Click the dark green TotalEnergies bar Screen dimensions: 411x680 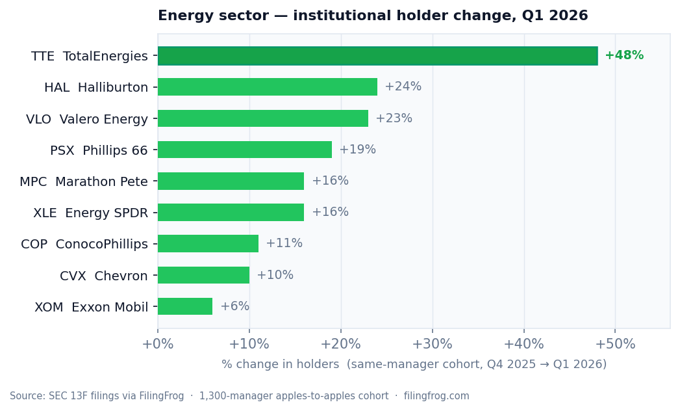click(x=377, y=56)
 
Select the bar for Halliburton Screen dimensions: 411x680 click(x=267, y=87)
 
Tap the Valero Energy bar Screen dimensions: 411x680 click(x=262, y=118)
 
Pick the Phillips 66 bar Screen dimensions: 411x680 click(x=244, y=150)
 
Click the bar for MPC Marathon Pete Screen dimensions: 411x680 click(x=231, y=181)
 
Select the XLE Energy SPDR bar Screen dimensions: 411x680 click(x=231, y=212)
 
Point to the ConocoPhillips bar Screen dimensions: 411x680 click(x=208, y=244)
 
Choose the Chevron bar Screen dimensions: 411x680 click(x=203, y=275)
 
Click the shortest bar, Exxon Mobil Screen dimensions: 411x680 click(x=185, y=306)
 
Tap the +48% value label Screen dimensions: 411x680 click(x=623, y=56)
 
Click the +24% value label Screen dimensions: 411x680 click(x=403, y=87)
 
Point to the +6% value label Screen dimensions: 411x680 click(x=234, y=306)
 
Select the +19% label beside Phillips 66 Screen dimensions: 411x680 click(x=357, y=150)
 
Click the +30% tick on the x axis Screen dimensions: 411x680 click(x=433, y=345)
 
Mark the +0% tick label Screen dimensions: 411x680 click(x=158, y=345)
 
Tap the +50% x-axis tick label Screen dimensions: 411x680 click(x=615, y=345)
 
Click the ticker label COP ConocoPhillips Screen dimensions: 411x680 click(x=84, y=245)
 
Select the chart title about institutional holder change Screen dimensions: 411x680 click(x=373, y=16)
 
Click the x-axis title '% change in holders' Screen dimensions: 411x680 click(x=414, y=365)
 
